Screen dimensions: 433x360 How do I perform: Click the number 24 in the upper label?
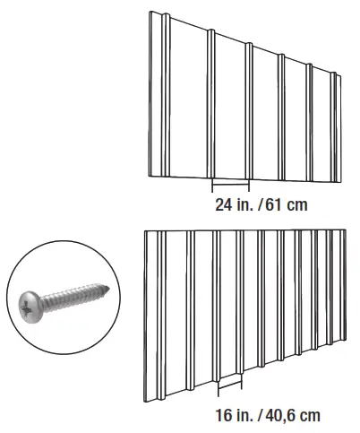tap(224, 204)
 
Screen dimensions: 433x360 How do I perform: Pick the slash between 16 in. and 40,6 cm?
tap(259, 416)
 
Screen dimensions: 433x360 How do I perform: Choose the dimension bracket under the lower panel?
tap(229, 385)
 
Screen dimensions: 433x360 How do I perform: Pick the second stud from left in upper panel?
tap(211, 103)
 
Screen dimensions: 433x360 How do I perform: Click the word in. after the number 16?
tap(244, 416)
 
